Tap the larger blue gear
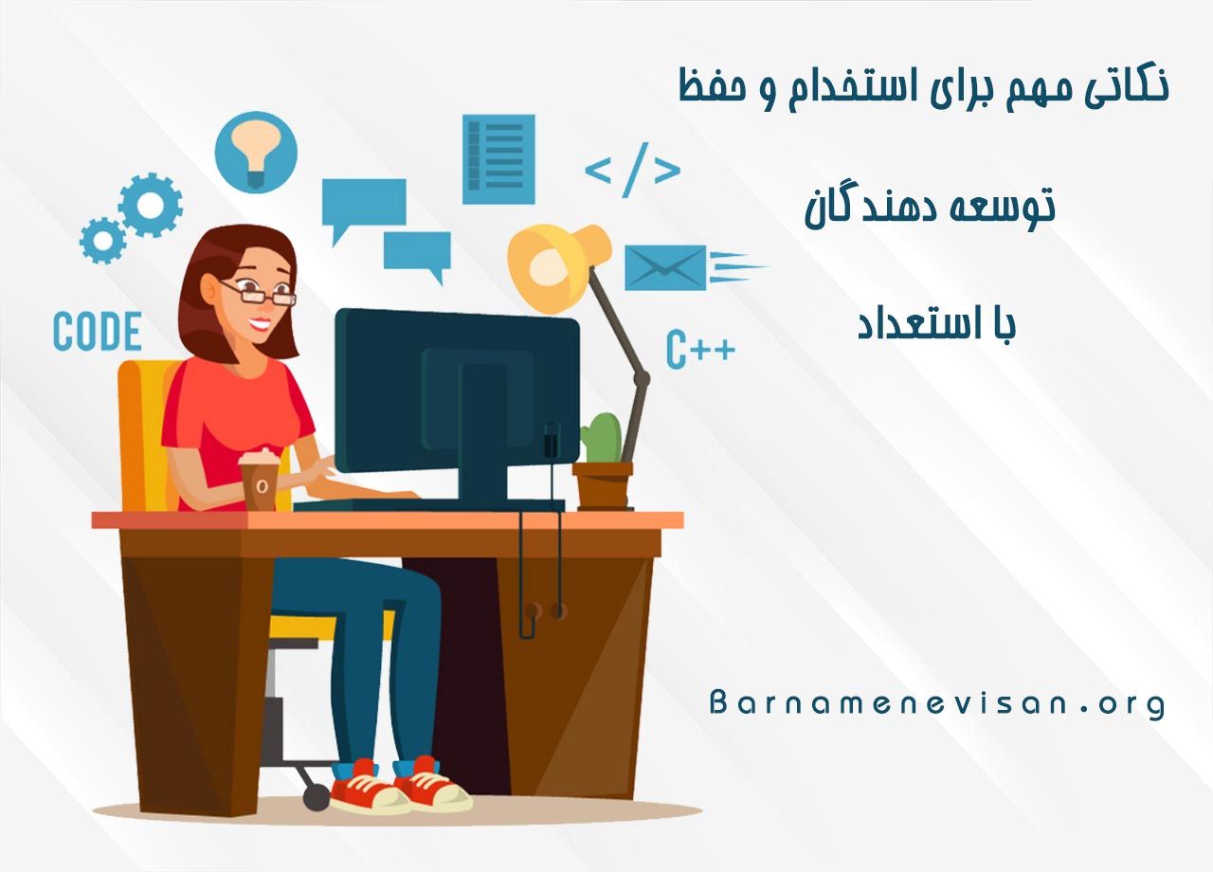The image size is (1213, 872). coord(151,205)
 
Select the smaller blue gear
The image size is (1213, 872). coord(102,240)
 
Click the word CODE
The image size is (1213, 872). coord(97,332)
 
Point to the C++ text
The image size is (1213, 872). coord(699,349)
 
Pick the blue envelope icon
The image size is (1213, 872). coord(665,267)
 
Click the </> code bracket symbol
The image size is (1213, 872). coord(632,171)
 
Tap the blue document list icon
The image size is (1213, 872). coord(498,158)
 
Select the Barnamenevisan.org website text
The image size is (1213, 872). coord(936,704)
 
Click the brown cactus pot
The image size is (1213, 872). coord(603,485)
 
